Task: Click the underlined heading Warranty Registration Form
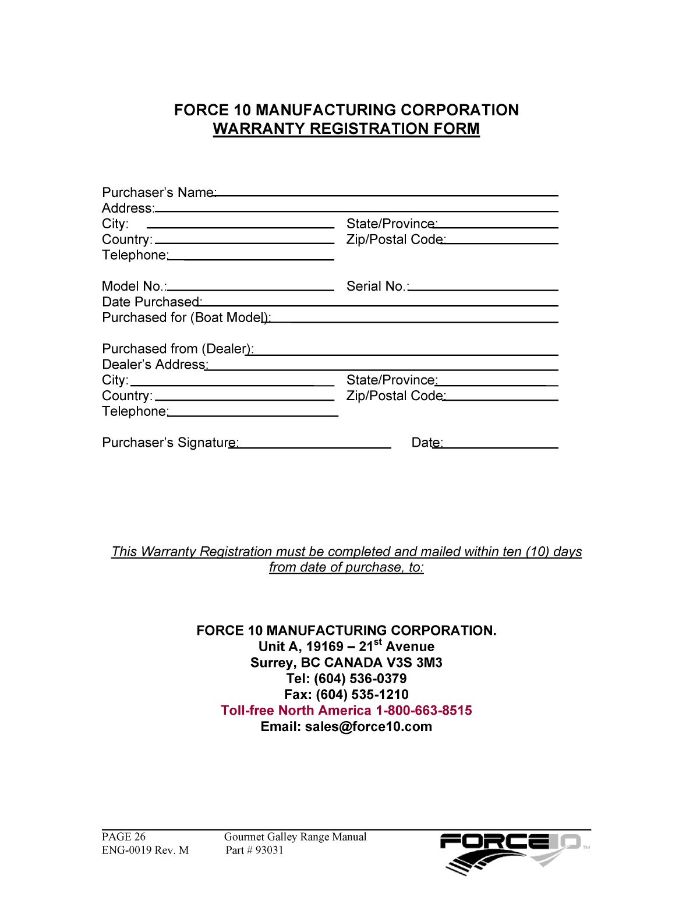[346, 129]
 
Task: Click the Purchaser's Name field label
[158, 193]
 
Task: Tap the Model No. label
[134, 287]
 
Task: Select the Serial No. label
[377, 287]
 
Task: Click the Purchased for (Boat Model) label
[186, 318]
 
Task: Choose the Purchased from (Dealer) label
[177, 349]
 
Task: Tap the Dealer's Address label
[154, 365]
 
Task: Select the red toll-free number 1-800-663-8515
[424, 711]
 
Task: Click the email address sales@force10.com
[369, 727]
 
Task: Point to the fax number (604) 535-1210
[362, 695]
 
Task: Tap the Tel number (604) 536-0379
[360, 679]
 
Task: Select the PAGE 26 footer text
[123, 837]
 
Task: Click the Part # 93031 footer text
[254, 850]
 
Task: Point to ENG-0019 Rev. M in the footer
[145, 850]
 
